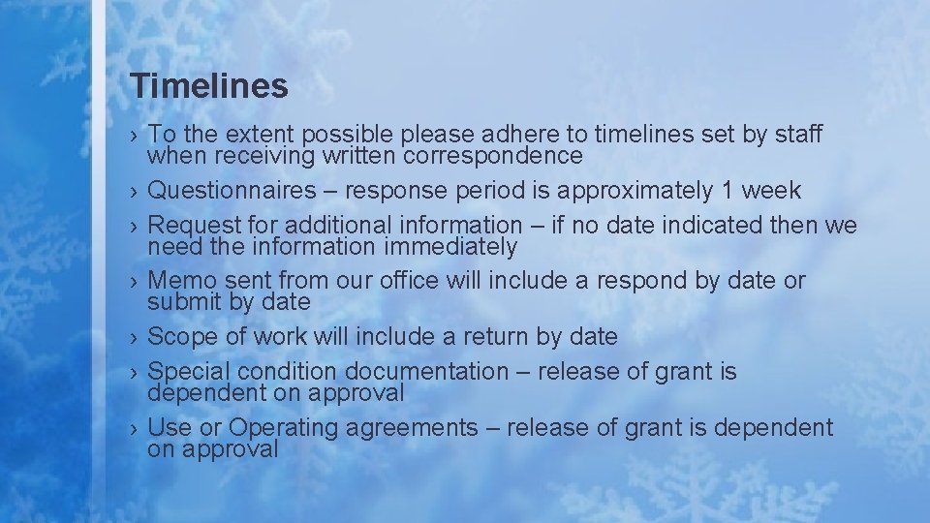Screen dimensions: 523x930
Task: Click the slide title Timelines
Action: pos(209,86)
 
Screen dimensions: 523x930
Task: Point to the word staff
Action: pos(798,135)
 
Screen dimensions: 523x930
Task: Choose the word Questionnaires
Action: pos(232,190)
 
